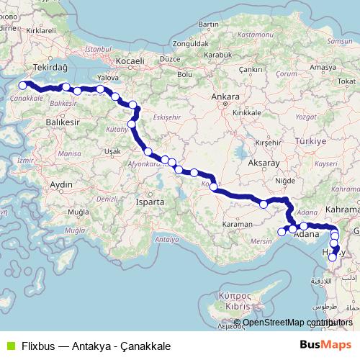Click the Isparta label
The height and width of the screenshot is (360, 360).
tap(150, 202)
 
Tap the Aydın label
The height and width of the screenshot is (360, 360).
tap(61, 185)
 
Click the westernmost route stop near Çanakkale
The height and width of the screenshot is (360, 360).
tap(23, 86)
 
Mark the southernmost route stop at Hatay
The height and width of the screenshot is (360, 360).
tap(332, 256)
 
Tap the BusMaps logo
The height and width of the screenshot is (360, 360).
tap(325, 345)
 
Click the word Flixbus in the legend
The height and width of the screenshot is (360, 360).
tap(37, 346)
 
